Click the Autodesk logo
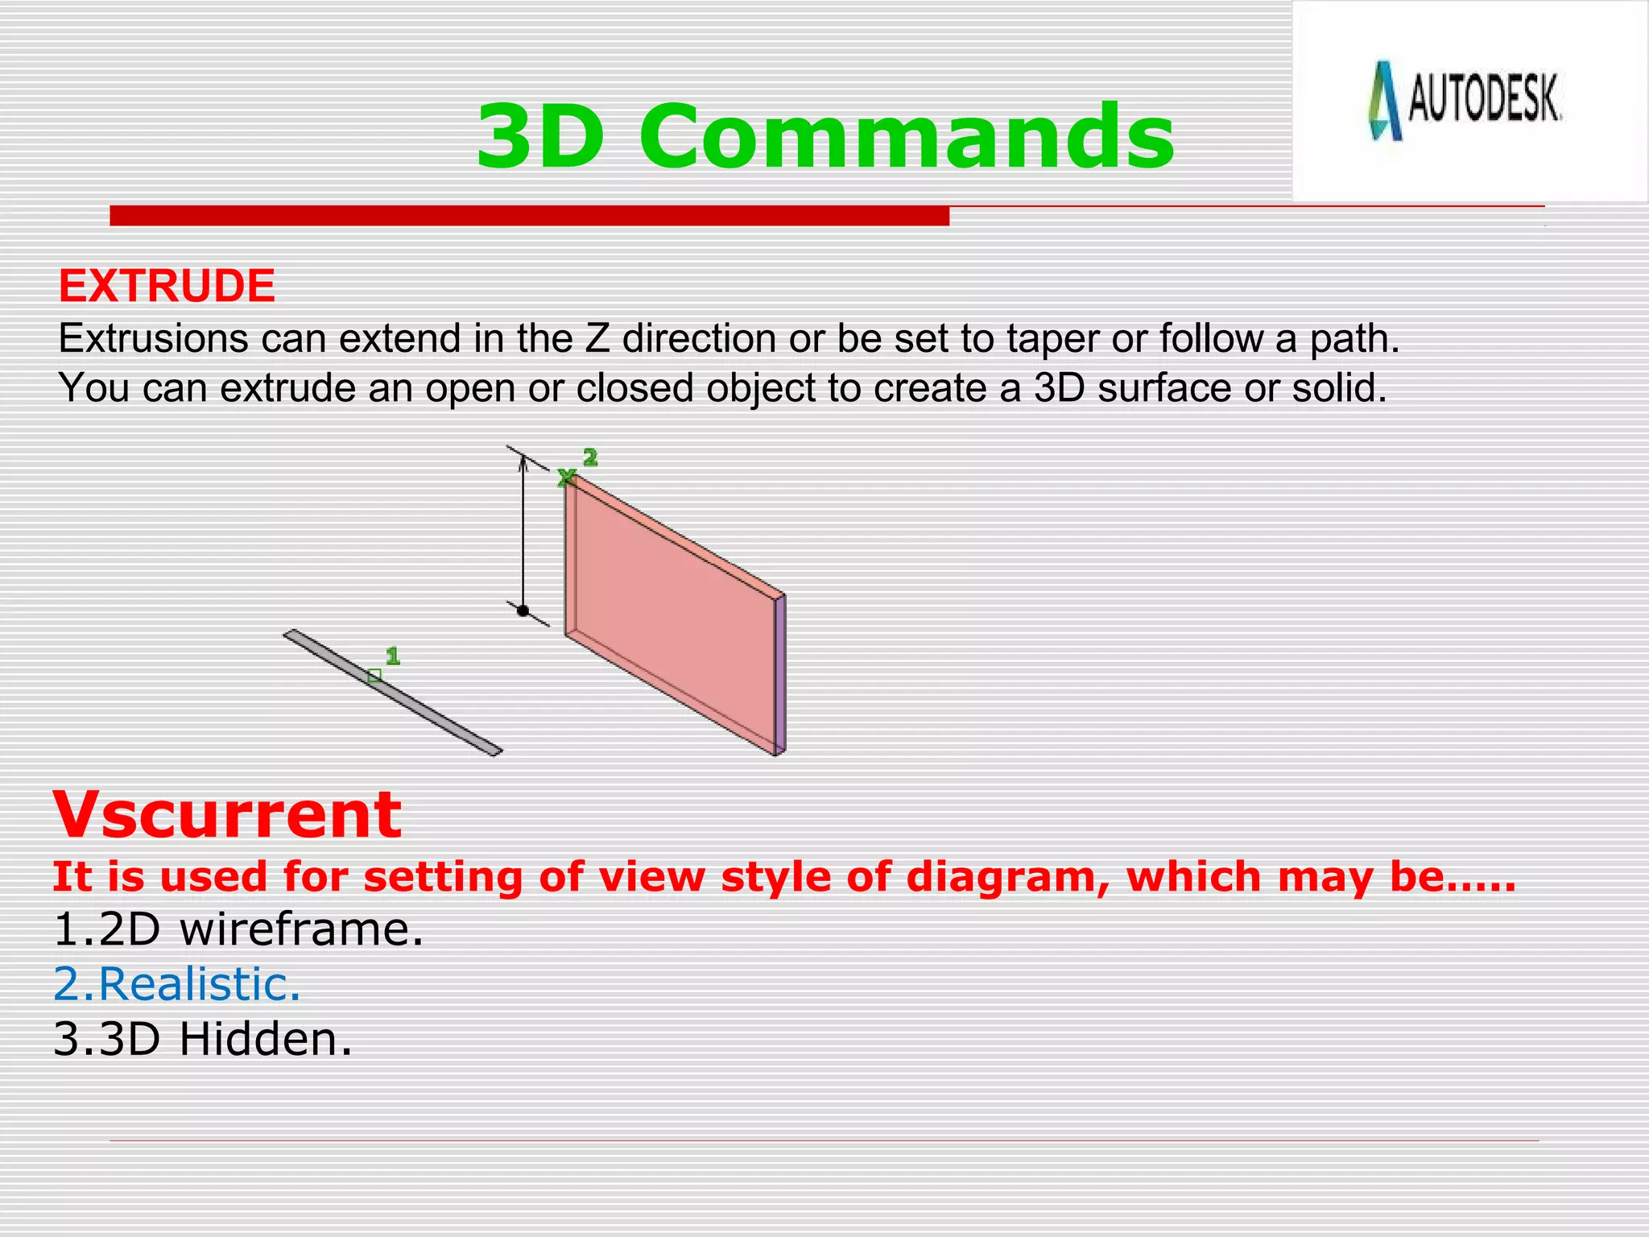point(1465,101)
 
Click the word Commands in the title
point(907,137)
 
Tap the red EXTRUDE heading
point(167,286)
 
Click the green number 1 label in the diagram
point(392,656)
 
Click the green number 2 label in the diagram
point(590,457)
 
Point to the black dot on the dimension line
point(523,610)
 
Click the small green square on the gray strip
point(374,676)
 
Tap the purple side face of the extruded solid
point(779,675)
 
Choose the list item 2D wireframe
point(238,929)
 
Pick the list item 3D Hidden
point(203,1039)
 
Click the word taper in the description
point(1050,339)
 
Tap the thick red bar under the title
point(529,216)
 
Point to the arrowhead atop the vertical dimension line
point(523,461)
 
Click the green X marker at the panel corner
point(566,478)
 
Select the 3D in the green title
point(540,137)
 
